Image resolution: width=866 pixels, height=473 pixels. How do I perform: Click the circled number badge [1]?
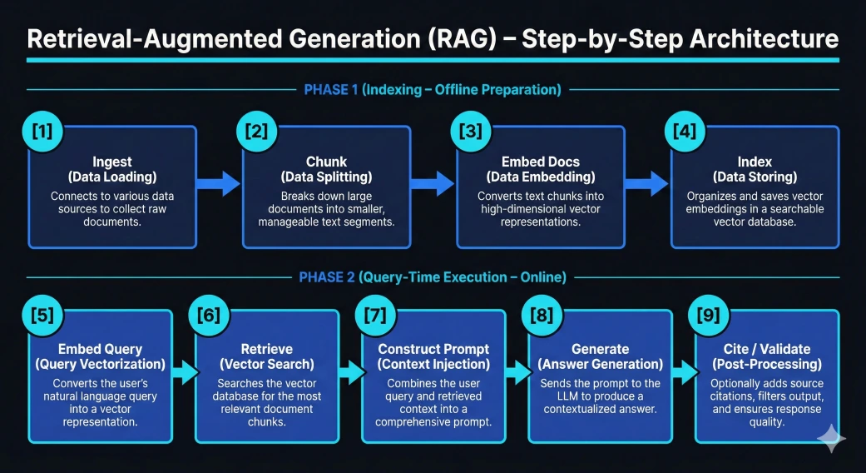tap(41, 132)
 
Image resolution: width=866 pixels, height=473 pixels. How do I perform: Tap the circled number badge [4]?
tap(684, 132)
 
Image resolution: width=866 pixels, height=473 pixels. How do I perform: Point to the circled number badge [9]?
tap(709, 316)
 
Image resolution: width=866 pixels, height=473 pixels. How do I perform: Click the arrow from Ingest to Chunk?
tap(220, 184)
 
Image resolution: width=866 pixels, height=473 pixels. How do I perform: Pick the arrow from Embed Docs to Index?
tap(648, 184)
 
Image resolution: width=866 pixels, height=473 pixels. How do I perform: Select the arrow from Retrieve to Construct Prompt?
tap(350, 371)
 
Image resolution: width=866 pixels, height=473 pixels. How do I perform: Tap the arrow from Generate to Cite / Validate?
tap(684, 371)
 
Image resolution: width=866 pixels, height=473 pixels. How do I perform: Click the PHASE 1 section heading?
tap(433, 89)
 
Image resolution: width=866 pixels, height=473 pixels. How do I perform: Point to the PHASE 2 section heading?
tap(433, 277)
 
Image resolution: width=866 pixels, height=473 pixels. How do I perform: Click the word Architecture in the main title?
tap(750, 39)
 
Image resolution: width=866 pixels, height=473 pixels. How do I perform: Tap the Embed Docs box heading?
tap(541, 162)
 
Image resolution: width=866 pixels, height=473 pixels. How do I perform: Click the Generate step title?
tap(600, 349)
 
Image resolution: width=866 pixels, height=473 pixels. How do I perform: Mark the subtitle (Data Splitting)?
tap(326, 177)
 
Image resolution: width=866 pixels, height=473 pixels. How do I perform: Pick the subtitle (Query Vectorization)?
tap(100, 364)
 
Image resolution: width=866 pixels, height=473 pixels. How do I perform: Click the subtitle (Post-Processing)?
tap(766, 364)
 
